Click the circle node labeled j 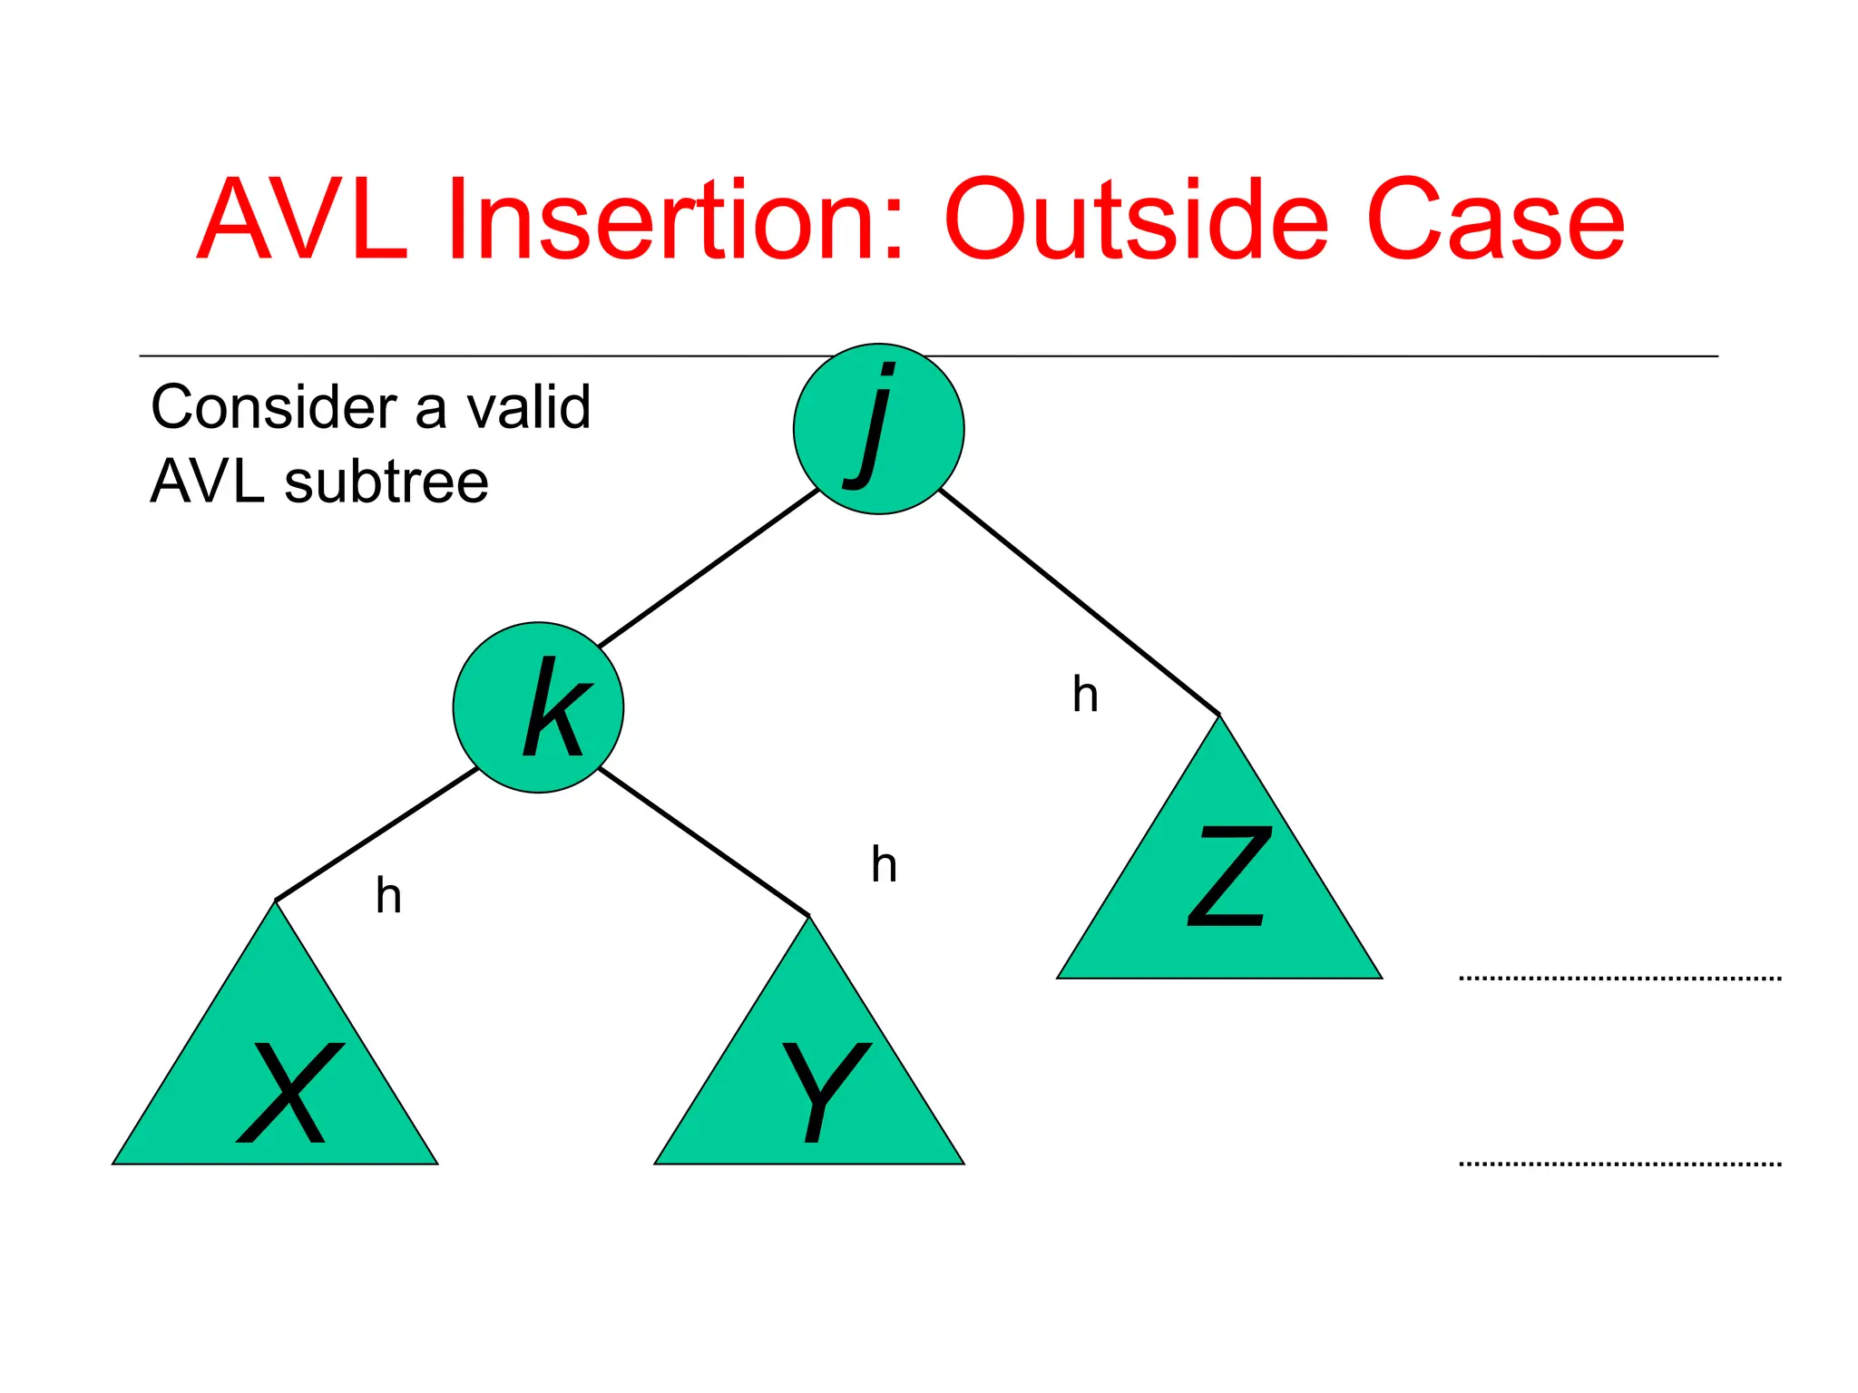878,429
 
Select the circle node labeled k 538,707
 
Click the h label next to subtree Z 1085,695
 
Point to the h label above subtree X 388,896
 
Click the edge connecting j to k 708,569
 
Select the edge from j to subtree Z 1080,601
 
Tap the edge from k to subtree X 376,834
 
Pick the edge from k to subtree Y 704,842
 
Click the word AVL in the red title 302,220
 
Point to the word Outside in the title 1136,220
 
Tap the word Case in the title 1494,220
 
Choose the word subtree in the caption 386,482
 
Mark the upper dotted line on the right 1619,979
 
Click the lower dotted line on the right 1619,1164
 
